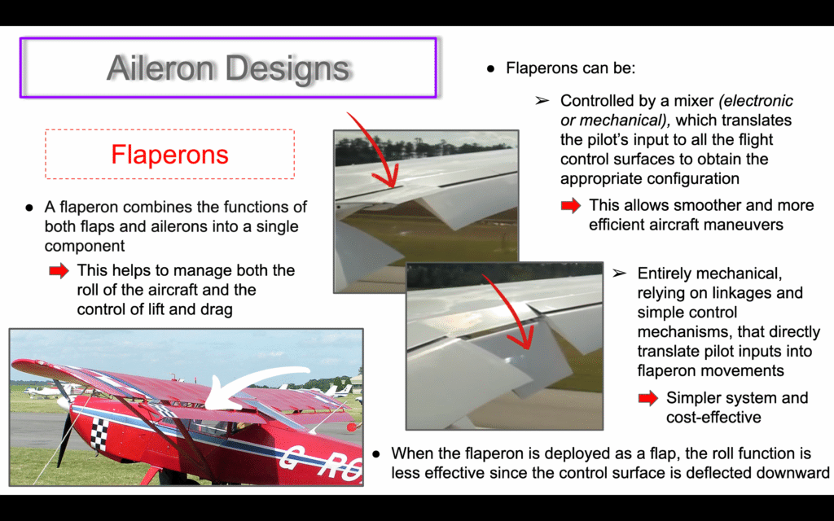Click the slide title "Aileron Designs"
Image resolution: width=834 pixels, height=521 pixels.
[228, 68]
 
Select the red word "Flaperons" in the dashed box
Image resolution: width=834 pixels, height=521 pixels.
[169, 154]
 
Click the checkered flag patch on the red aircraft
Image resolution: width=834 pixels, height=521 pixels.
[99, 434]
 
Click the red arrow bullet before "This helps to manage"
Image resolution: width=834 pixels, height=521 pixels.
[59, 270]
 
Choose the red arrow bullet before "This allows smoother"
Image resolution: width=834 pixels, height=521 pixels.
[571, 206]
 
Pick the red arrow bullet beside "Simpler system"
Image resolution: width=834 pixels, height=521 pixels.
[648, 397]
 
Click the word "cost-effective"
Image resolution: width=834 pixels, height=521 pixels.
[713, 418]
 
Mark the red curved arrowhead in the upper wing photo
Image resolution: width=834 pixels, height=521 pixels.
[392, 177]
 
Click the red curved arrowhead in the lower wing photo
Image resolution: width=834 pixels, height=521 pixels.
[524, 336]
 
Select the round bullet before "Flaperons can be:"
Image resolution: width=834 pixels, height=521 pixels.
[490, 68]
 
